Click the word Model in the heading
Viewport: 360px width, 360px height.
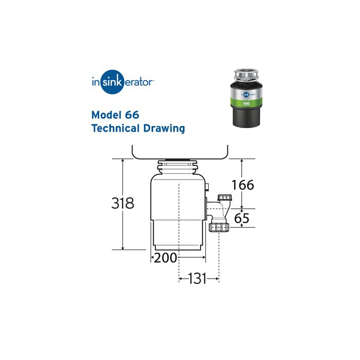(106, 114)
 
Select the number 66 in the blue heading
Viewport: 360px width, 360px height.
(131, 114)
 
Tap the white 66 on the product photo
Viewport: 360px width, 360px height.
(247, 103)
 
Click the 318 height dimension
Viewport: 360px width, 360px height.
(122, 203)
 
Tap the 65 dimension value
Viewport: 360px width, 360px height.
(242, 218)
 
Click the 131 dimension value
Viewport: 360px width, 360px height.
(197, 279)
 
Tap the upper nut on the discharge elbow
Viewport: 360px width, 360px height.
(224, 198)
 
